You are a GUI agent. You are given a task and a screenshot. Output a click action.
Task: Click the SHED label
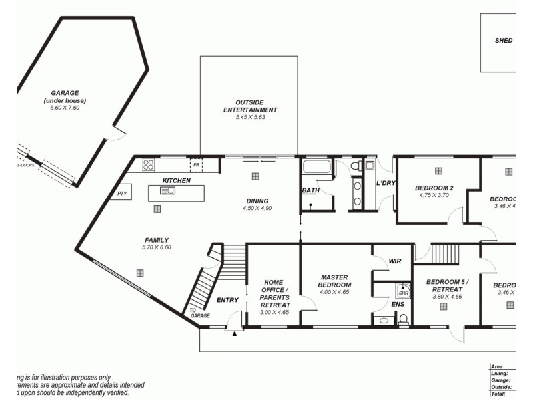tap(504, 41)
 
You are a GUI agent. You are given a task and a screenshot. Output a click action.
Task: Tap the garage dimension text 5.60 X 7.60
tap(65, 108)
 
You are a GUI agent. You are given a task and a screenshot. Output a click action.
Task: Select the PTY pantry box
tap(122, 194)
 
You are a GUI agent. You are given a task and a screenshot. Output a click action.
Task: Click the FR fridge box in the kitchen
tap(196, 164)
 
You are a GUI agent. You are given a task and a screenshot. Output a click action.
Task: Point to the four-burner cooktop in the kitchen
tap(148, 164)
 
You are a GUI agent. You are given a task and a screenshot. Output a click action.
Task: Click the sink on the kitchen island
tap(167, 191)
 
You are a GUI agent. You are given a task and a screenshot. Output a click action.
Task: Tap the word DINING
tap(257, 201)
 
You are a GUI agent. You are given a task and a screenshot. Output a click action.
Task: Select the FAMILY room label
tap(157, 240)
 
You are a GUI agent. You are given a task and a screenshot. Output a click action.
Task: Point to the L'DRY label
tap(386, 183)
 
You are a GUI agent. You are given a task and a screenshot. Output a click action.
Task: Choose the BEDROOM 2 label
tap(434, 188)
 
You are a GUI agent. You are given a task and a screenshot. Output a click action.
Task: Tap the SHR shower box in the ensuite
tap(403, 291)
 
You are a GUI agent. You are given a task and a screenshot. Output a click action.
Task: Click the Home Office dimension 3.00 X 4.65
tap(274, 313)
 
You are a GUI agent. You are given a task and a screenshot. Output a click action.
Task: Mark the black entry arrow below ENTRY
tap(234, 332)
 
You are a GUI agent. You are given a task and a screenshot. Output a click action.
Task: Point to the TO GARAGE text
tap(199, 313)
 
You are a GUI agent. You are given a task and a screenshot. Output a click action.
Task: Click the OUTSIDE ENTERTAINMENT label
tap(250, 106)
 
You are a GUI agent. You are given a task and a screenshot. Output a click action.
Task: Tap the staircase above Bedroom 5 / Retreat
tap(445, 253)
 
